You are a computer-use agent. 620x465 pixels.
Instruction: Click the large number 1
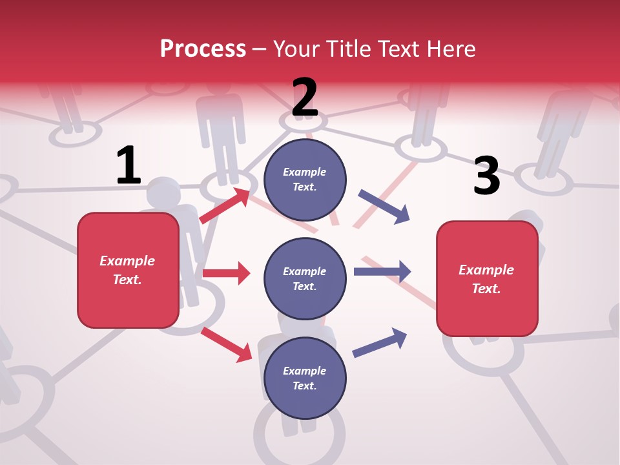[128, 167]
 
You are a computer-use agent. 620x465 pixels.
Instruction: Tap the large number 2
[305, 98]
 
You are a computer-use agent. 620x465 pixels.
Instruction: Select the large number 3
[486, 176]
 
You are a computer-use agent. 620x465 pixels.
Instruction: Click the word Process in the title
[203, 48]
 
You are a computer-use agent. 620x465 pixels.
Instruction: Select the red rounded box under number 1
[128, 270]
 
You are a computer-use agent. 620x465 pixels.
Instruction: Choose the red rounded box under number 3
[487, 278]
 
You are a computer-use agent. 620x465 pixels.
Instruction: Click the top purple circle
[305, 179]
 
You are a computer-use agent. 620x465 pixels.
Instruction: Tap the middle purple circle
[305, 278]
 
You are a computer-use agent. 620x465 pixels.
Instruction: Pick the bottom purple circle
[305, 378]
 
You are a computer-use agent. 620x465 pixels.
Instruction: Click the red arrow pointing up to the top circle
[225, 206]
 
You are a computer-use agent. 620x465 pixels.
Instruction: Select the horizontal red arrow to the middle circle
[226, 273]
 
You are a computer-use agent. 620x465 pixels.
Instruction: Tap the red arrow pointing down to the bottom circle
[226, 344]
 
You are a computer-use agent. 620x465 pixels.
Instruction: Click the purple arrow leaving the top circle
[384, 207]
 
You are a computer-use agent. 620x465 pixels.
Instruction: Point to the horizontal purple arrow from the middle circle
[382, 272]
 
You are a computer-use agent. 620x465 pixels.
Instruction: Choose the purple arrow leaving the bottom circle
[380, 342]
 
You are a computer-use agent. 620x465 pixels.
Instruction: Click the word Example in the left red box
[127, 261]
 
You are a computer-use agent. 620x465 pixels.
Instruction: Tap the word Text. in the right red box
[486, 289]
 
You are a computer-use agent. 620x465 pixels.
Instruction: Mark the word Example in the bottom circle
[305, 371]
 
